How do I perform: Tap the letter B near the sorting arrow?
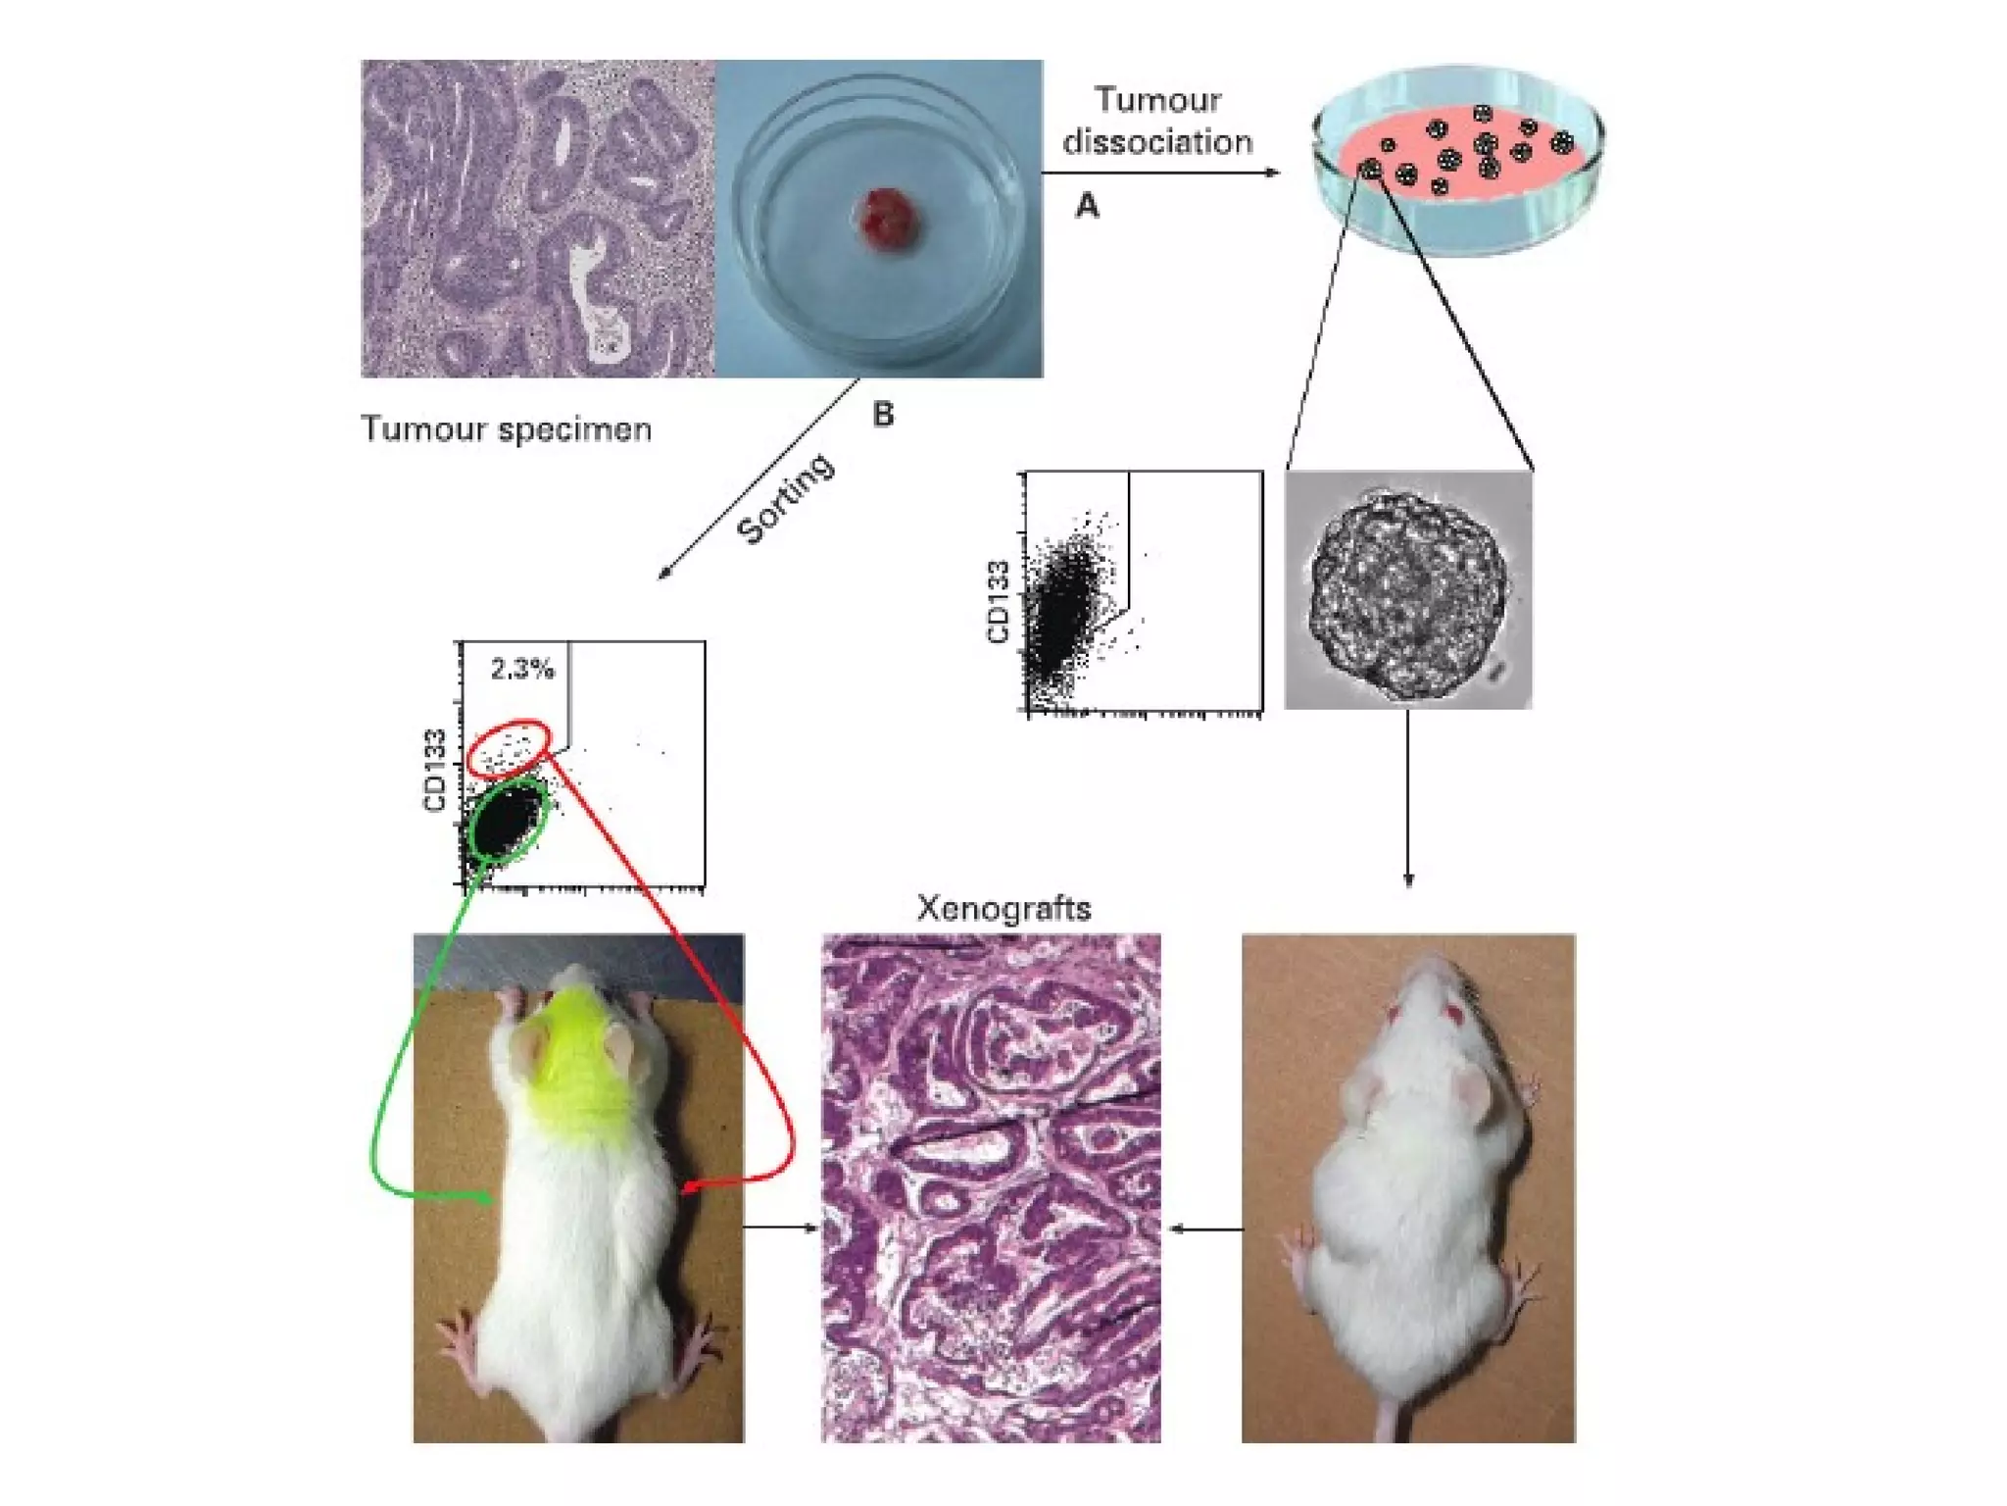(x=883, y=415)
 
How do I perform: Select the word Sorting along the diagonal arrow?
(x=786, y=498)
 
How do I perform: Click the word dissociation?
(x=1157, y=143)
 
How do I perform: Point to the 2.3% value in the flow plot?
(x=522, y=669)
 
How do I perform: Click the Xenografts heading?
(x=1003, y=909)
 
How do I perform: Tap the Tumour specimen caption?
(x=506, y=429)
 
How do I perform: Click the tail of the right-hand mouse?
(x=1390, y=1412)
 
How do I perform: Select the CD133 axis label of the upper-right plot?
(x=999, y=601)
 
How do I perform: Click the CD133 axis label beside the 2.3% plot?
(x=435, y=771)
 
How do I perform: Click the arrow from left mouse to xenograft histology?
(x=781, y=1227)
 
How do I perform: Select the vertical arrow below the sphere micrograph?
(x=1408, y=799)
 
